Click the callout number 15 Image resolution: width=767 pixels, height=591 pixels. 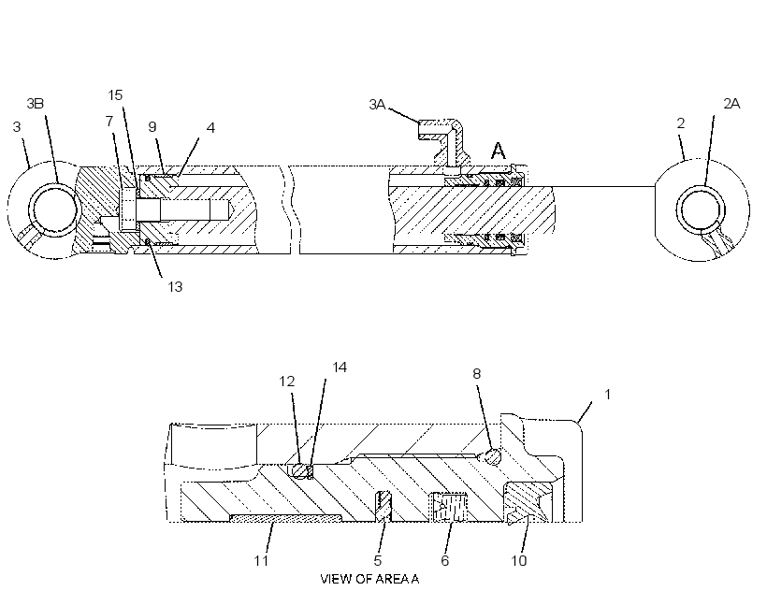[x=115, y=94]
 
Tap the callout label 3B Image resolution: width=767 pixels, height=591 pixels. [x=36, y=104]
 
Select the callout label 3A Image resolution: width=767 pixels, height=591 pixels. [x=377, y=104]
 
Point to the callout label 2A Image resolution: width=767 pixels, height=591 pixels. [x=731, y=104]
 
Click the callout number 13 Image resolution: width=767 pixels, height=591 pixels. [x=175, y=286]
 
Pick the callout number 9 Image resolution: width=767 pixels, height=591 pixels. [x=152, y=127]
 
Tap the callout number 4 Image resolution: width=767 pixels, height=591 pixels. [x=210, y=127]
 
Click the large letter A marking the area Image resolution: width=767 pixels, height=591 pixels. [x=499, y=151]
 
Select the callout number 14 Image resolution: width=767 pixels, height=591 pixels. [x=340, y=368]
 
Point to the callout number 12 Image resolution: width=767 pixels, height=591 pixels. [x=287, y=382]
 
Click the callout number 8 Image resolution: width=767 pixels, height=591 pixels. [x=476, y=374]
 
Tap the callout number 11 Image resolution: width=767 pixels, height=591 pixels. [x=261, y=560]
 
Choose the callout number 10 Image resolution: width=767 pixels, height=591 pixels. [x=519, y=560]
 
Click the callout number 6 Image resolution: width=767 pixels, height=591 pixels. [x=444, y=560]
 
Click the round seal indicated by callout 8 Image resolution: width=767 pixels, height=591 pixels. [x=492, y=456]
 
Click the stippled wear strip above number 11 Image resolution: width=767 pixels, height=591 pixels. [x=286, y=518]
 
